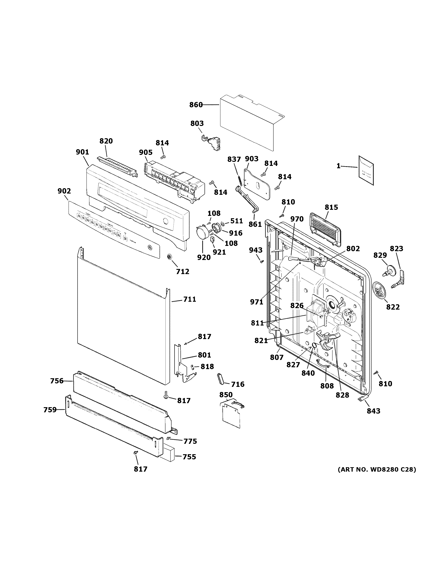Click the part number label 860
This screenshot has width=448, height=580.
coord(196,105)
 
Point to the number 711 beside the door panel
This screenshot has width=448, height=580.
coord(190,299)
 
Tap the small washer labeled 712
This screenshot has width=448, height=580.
coord(169,257)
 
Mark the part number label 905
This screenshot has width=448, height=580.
coord(146,153)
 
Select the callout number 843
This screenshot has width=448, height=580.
coord(373,411)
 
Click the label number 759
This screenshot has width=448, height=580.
coord(50,410)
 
